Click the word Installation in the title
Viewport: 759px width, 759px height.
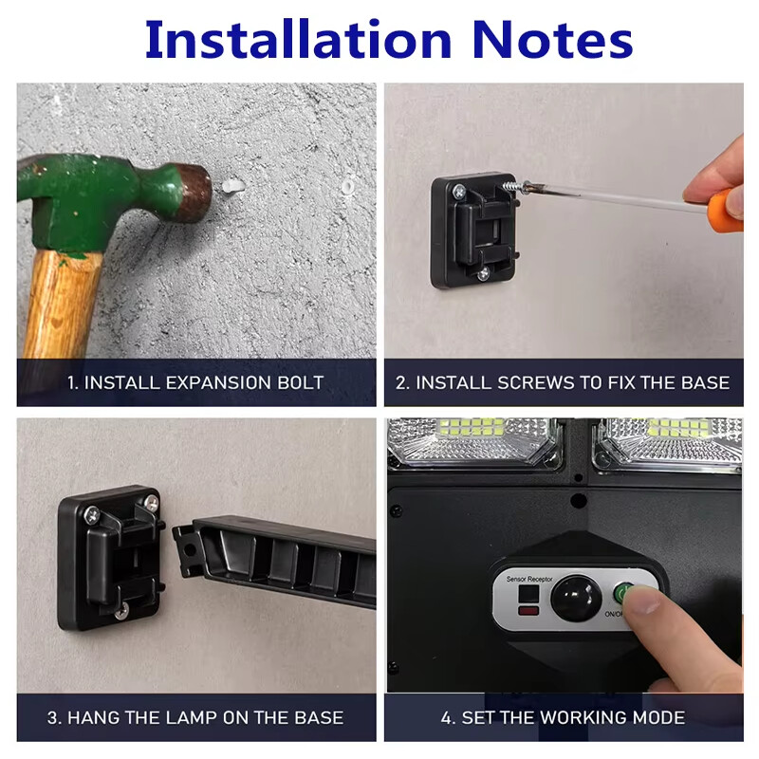298,39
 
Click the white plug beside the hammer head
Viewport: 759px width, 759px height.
232,186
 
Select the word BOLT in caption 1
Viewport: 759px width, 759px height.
300,382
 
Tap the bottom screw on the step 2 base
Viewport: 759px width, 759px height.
483,275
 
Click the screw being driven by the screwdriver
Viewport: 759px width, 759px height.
513,186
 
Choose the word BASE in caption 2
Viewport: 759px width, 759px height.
705,382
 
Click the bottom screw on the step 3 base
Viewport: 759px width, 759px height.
121,611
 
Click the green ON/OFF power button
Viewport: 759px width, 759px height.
623,592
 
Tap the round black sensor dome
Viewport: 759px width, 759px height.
576,599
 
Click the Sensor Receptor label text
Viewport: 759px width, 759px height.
529,579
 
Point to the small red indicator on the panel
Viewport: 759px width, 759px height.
528,611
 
